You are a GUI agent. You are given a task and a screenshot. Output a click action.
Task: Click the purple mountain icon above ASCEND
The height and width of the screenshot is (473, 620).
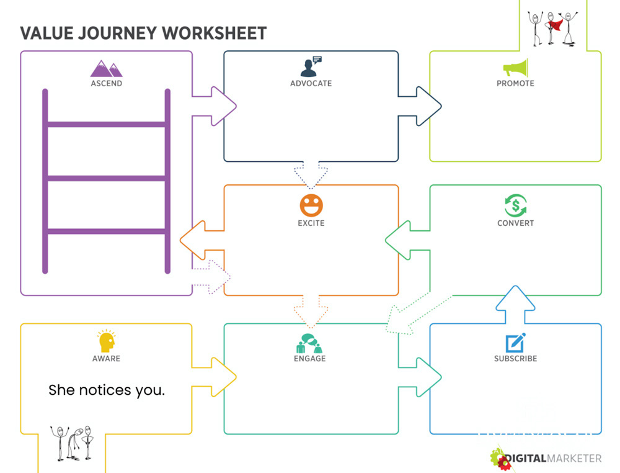point(106,68)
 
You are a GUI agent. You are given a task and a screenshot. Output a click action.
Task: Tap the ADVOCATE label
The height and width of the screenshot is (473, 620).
point(311,83)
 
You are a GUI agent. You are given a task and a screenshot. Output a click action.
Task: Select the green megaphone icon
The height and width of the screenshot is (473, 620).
point(515,68)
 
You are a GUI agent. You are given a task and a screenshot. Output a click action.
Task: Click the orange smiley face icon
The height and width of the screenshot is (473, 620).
point(311,205)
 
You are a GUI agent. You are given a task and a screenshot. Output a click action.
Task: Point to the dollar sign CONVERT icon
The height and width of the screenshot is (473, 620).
point(515,205)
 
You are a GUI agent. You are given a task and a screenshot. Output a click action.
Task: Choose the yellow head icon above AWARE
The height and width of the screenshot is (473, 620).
point(106,341)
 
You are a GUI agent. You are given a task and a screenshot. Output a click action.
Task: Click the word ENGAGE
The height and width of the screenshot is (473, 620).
point(309,358)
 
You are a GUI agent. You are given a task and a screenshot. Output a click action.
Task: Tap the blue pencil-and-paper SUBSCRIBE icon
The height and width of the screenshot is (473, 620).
point(515,343)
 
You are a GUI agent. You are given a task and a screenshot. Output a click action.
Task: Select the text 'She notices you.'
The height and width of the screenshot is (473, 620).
point(107,390)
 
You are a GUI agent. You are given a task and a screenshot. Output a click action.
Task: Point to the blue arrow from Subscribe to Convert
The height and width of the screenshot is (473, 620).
point(515,304)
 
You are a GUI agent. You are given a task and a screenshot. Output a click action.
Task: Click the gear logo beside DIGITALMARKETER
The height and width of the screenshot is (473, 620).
point(500,459)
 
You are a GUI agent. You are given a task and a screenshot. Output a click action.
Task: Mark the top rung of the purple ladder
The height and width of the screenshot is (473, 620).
point(106,125)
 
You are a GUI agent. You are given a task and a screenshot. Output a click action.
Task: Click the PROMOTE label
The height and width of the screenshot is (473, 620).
point(515,83)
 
